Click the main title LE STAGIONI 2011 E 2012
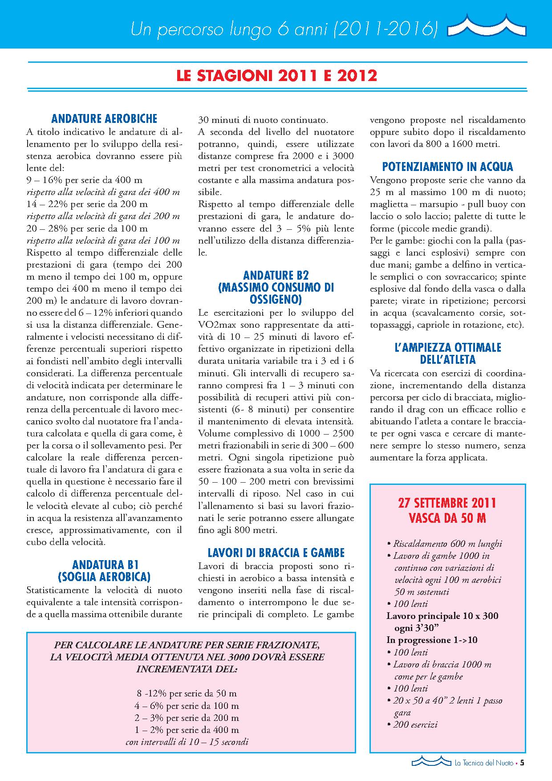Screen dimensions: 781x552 point(276,76)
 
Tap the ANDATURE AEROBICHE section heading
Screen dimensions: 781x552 point(105,119)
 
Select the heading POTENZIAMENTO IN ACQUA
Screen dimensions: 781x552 point(447,167)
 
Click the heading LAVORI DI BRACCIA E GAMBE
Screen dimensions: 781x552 point(276,553)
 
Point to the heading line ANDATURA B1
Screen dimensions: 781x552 point(104,565)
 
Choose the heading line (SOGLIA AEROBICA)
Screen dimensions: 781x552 point(104,577)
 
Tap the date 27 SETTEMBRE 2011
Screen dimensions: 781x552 point(447,503)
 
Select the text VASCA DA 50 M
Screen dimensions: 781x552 point(447,518)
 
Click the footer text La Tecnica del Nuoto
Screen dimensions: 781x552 point(482,763)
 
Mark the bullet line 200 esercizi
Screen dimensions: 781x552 point(415,724)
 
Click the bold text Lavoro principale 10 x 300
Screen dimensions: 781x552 point(442,616)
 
